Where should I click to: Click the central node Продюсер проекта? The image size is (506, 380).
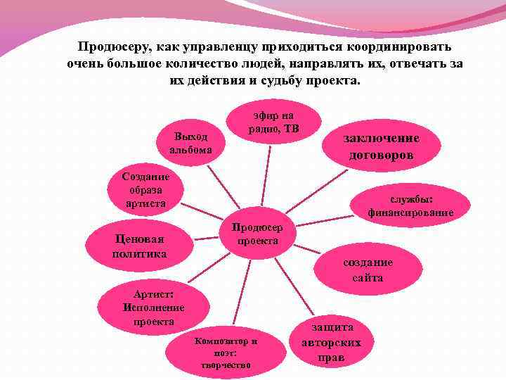pyautogui.click(x=257, y=235)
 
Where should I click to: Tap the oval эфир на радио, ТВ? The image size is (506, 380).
pyautogui.click(x=274, y=122)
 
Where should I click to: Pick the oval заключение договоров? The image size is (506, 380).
pyautogui.click(x=381, y=146)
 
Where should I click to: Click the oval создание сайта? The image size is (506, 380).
pyautogui.click(x=368, y=270)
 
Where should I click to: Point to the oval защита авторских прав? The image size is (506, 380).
pyautogui.click(x=331, y=343)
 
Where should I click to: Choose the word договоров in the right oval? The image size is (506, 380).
pyautogui.click(x=381, y=155)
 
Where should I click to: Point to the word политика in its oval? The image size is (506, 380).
pyautogui.click(x=139, y=253)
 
